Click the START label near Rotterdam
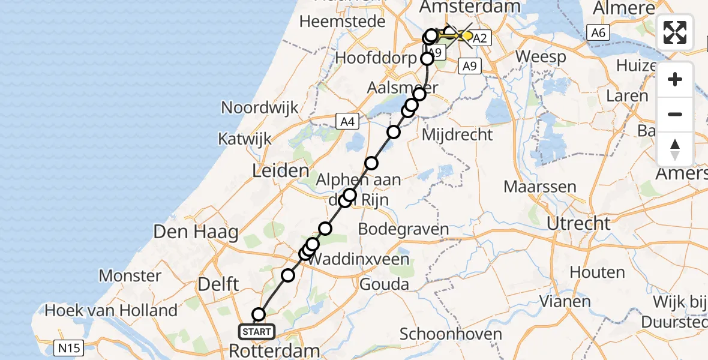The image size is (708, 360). coord(257,331)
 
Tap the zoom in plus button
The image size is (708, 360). coord(675,79)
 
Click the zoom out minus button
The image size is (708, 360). coord(675,114)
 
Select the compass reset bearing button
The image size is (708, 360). coord(675,149)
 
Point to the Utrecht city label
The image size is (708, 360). coord(578,224)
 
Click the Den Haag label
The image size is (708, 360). coord(196,232)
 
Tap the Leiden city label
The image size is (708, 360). coord(281,172)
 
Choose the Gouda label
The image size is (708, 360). coord(384,284)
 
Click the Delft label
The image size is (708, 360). coord(219,284)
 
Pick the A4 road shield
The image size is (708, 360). coord(347,122)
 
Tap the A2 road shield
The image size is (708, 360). coord(480,39)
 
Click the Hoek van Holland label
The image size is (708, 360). coord(111,311)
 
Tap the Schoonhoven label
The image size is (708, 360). coord(442,334)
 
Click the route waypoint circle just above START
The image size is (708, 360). coord(259,314)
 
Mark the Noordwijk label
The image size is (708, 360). coord(260,108)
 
